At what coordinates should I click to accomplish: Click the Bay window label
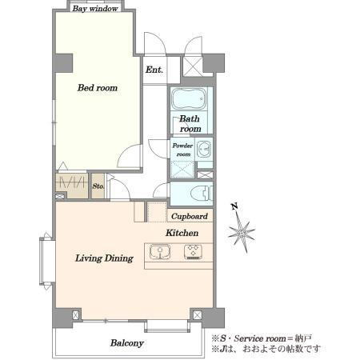(x=95, y=9)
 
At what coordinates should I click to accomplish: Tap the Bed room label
(x=98, y=88)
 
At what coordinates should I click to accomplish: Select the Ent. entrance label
(x=154, y=70)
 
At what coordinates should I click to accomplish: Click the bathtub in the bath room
(x=189, y=99)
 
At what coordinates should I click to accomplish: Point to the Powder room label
(x=182, y=150)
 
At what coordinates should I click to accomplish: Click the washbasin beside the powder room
(x=204, y=150)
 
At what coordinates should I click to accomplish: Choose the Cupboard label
(x=190, y=216)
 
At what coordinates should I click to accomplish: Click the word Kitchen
(x=182, y=233)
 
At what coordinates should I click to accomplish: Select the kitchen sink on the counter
(x=160, y=251)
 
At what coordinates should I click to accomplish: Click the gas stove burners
(x=193, y=252)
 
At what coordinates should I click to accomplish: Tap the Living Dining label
(x=104, y=258)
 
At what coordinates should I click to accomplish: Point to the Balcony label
(x=127, y=343)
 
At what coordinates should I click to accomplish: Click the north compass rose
(x=242, y=231)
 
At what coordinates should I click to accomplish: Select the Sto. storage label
(x=98, y=186)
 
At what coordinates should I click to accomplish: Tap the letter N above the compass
(x=234, y=206)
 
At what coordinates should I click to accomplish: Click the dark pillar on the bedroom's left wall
(x=63, y=63)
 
